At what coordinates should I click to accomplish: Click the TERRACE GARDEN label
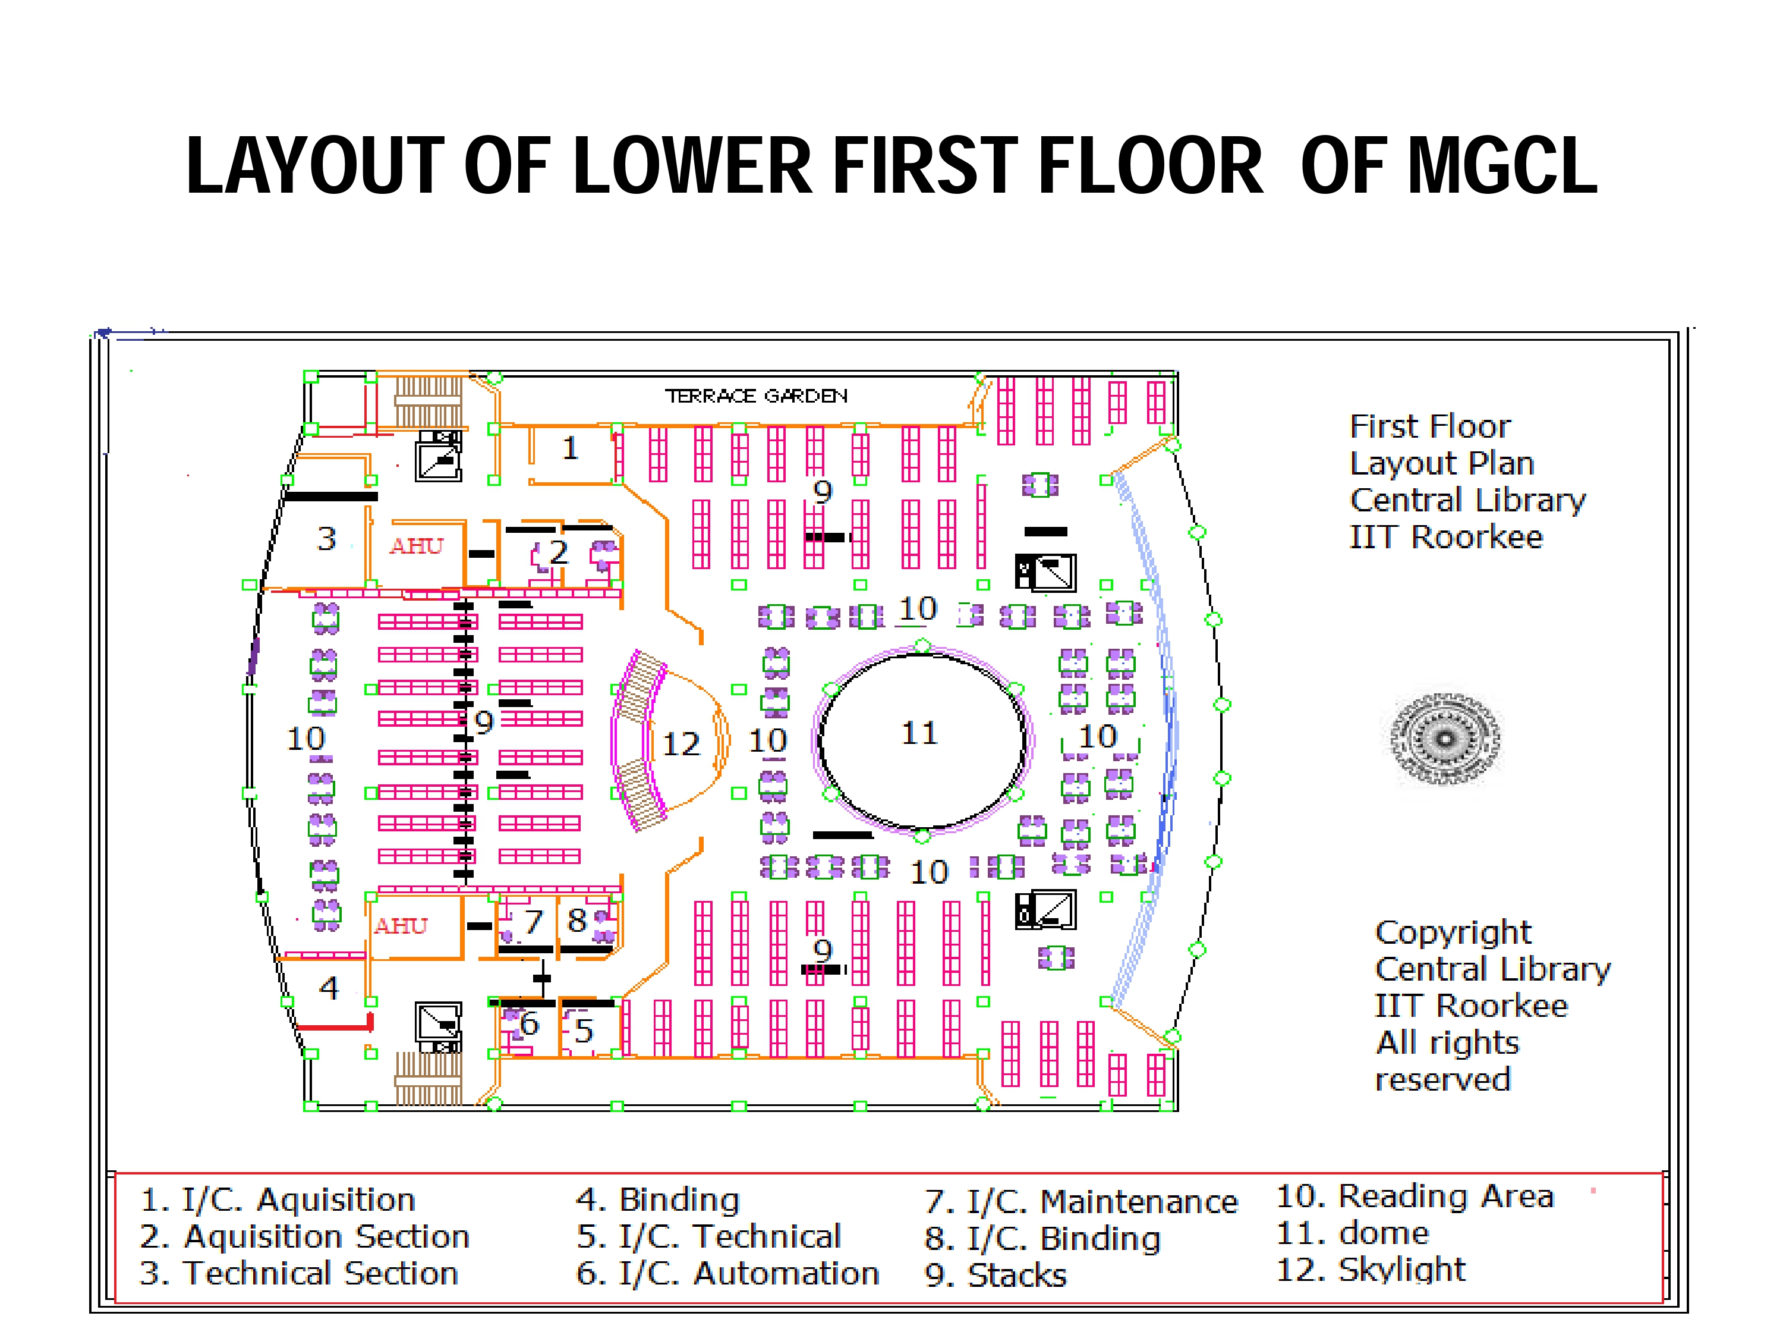[x=756, y=396]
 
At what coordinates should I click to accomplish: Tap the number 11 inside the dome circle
[x=919, y=733]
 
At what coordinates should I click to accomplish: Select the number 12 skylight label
[x=681, y=743]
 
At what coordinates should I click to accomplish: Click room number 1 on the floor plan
[x=571, y=448]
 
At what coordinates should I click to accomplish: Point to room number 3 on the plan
[x=326, y=539]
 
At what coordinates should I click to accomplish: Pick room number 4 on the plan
[x=329, y=988]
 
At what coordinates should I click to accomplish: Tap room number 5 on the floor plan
[x=584, y=1031]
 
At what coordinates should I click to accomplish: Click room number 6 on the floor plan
[x=529, y=1023]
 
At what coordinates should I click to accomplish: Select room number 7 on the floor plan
[x=534, y=921]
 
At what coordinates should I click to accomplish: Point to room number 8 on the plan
[x=577, y=920]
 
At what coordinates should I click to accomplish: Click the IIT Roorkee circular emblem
[x=1445, y=739]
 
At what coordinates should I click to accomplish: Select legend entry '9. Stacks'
[x=996, y=1275]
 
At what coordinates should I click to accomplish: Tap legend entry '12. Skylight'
[x=1371, y=1270]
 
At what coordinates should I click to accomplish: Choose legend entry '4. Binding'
[x=658, y=1199]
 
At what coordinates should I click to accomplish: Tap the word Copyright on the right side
[x=1453, y=932]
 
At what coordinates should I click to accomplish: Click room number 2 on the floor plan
[x=559, y=552]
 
